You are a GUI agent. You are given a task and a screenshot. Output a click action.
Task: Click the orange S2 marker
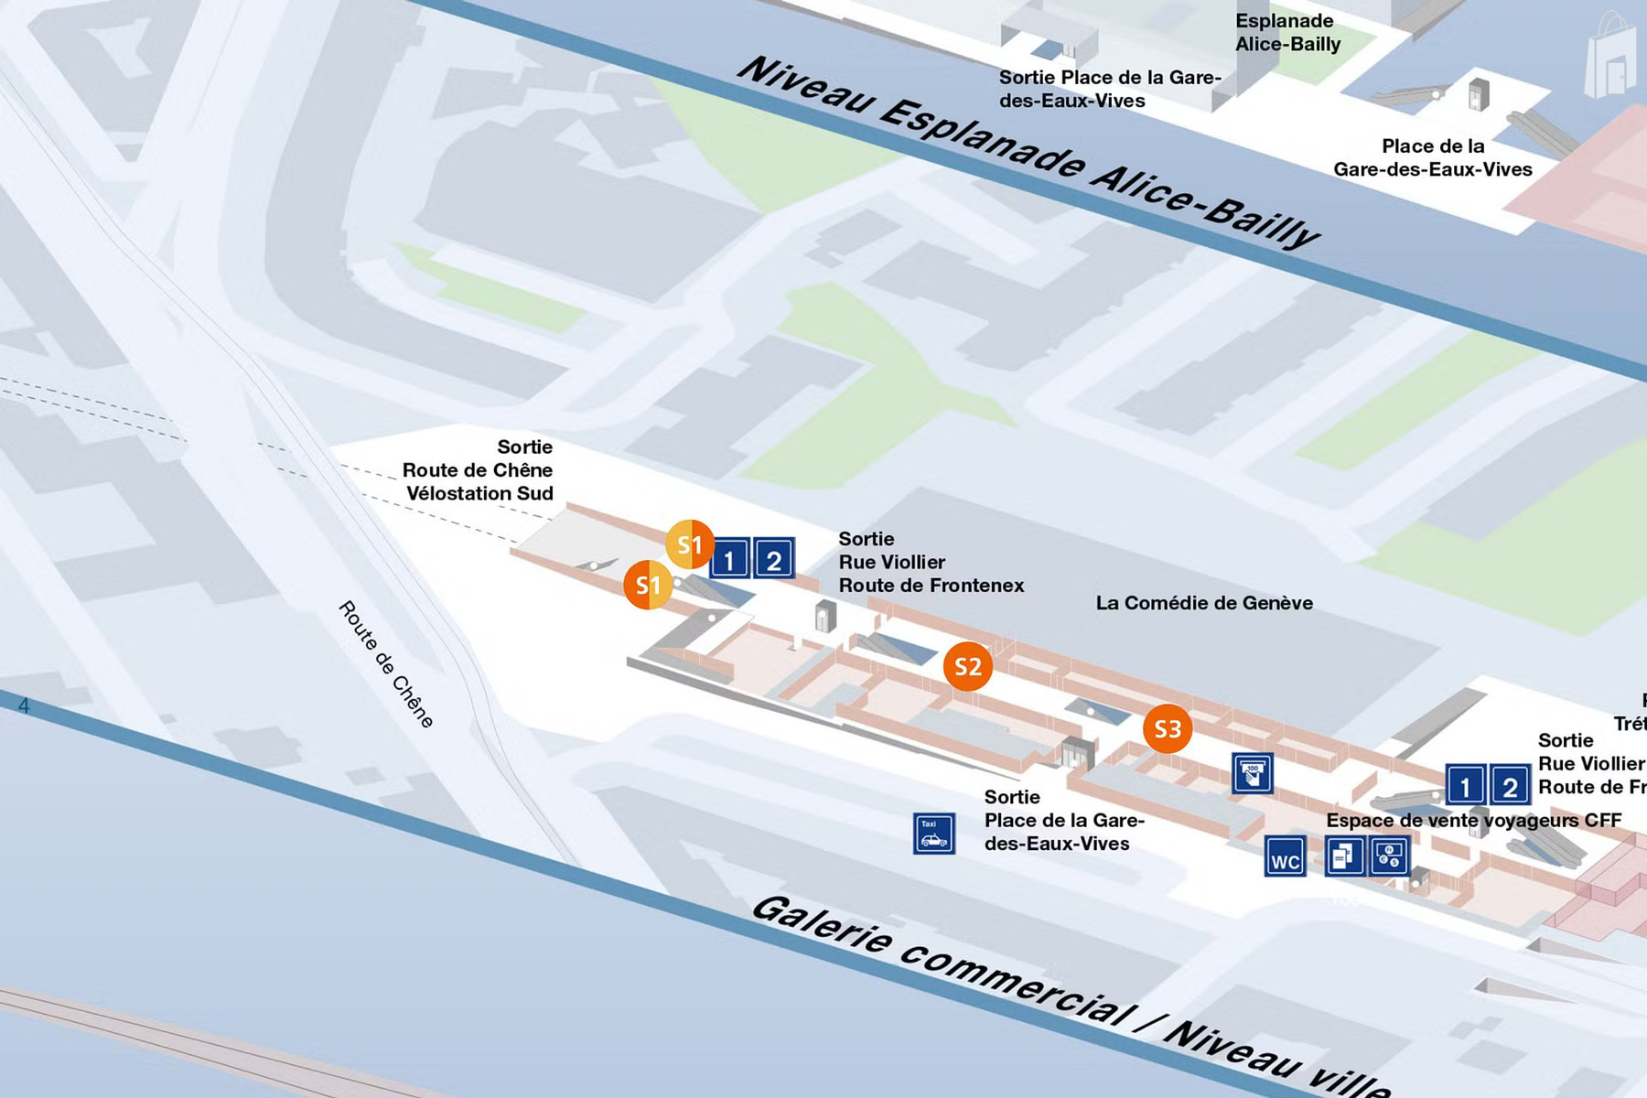967,666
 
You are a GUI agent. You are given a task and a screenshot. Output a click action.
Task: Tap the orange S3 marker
1168,728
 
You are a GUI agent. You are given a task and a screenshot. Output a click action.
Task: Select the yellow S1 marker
689,544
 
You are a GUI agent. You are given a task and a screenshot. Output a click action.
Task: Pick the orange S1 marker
648,585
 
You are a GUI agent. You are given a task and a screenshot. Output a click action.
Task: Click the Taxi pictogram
933,834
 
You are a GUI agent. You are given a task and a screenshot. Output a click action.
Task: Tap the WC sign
1285,857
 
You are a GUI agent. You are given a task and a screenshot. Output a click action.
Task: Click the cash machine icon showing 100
1252,773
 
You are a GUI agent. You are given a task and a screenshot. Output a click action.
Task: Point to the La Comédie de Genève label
1203,603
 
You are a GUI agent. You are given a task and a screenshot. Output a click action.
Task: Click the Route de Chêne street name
385,664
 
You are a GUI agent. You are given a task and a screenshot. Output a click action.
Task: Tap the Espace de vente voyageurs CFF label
1473,820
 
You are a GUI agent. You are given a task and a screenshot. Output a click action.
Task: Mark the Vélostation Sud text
479,493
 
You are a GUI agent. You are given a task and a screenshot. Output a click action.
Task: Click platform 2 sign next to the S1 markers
773,559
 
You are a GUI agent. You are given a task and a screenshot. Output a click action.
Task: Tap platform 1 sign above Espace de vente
1464,785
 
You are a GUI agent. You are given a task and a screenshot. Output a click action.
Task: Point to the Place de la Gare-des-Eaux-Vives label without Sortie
1432,157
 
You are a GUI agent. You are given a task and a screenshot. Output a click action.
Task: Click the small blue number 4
24,705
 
